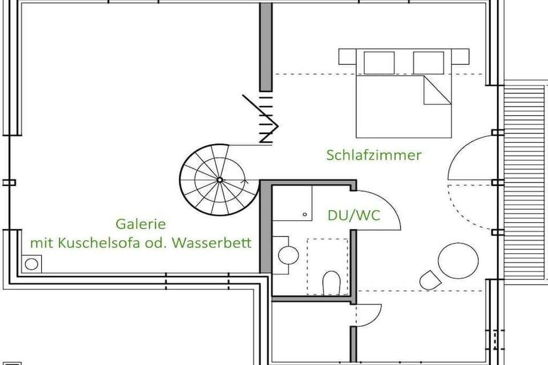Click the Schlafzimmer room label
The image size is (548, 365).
374,155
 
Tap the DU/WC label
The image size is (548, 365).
354,215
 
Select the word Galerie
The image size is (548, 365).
140,224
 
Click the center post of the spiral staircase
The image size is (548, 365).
219,180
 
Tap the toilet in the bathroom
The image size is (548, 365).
331,283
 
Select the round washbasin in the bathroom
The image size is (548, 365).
288,254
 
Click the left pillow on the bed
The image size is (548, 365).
379,63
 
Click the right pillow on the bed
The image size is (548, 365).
429,63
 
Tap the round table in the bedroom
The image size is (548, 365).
458,261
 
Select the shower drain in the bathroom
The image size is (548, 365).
305,214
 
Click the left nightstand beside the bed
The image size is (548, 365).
348,56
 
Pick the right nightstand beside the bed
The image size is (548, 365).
460,56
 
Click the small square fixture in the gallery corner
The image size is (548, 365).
31,263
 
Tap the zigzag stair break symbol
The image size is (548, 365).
263,118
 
